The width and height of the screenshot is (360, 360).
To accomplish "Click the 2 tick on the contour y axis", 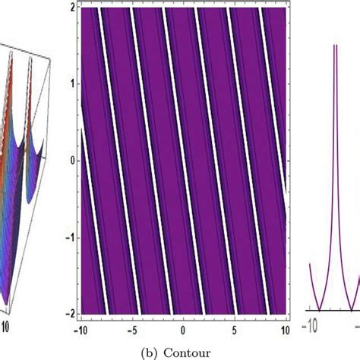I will [70, 8].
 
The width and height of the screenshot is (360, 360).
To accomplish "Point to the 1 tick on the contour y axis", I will [70, 84].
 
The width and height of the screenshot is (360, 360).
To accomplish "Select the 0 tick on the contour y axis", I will [70, 160].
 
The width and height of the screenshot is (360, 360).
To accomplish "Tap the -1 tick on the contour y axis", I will [68, 237].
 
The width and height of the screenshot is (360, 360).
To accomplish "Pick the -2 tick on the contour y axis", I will [68, 312].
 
